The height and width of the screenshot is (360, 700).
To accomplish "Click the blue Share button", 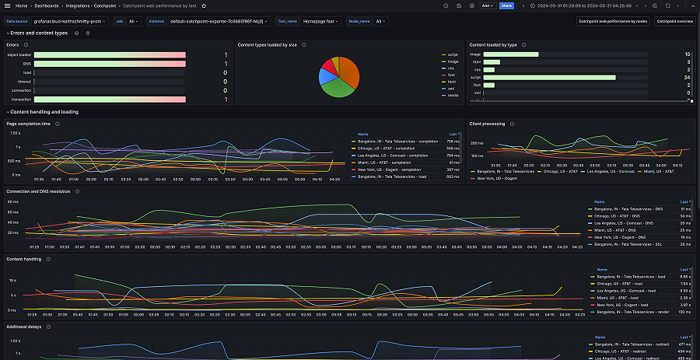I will [506, 5].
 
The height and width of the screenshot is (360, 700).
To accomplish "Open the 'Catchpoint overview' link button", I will [674, 21].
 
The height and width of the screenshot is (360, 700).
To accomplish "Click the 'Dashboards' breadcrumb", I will [46, 5].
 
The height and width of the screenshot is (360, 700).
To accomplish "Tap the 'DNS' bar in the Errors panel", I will [110, 63].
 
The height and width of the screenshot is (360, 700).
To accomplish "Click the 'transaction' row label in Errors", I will [22, 100].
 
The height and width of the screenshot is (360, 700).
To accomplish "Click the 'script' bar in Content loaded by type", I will [549, 77].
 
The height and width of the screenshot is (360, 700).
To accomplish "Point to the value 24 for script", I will [688, 77].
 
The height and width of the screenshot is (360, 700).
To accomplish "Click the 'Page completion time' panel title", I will [29, 124].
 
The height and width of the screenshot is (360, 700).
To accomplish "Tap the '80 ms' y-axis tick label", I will [13, 201].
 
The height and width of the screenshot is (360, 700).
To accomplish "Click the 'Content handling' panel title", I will [25, 259].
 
